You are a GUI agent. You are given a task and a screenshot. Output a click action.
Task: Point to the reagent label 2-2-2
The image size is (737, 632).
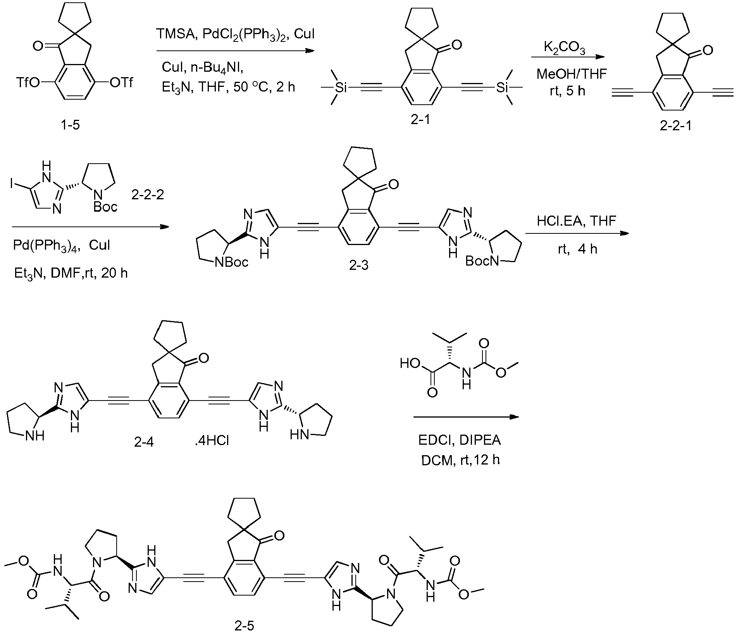(x=148, y=195)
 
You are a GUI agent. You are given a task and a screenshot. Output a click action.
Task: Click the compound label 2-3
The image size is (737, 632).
(x=358, y=266)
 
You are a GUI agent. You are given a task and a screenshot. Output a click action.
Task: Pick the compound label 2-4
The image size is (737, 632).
(x=144, y=442)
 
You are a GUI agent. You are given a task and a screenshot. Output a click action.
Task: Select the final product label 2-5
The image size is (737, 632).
(x=245, y=625)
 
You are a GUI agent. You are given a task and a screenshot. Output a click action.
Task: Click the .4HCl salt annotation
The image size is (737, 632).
(x=212, y=441)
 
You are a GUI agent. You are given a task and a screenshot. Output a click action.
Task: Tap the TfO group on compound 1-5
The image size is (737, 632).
(x=29, y=83)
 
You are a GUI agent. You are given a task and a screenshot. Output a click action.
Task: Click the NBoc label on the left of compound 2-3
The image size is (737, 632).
(x=231, y=263)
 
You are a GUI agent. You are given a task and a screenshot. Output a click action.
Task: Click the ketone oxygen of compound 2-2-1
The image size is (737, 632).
(x=707, y=50)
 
